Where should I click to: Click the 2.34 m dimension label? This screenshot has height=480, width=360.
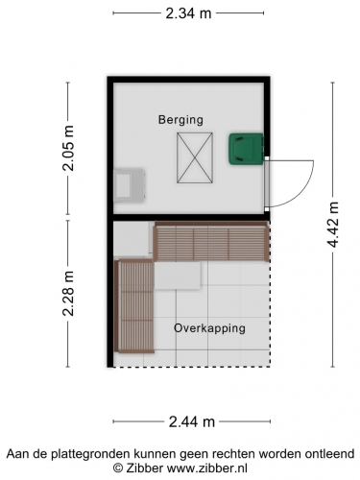pos(188,13)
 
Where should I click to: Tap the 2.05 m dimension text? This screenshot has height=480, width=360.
pos(68,148)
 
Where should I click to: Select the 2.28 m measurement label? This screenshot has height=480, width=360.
pos(68,294)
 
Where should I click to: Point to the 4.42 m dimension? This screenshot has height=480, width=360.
pos(333,225)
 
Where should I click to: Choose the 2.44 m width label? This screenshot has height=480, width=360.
pos(191,422)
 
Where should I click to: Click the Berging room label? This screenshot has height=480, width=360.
pos(180,120)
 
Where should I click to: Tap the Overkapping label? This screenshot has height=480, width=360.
pos(209,328)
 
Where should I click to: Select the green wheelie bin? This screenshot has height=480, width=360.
pos(247,149)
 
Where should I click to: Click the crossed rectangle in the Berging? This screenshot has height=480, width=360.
pos(195,157)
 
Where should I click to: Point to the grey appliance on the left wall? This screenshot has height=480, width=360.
pos(130,185)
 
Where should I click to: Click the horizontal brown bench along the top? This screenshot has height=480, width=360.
pos(211,242)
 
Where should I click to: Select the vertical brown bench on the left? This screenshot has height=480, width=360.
pos(134,306)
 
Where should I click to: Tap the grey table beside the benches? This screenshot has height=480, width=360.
pos(178,276)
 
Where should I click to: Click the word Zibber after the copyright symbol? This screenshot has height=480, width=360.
pos(145,468)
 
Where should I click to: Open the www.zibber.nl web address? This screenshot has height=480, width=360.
pos(207,468)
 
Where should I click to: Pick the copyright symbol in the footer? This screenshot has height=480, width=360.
pos(118,468)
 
